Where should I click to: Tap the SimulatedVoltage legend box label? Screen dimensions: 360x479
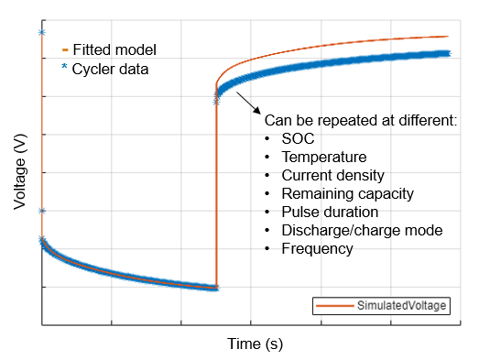click(x=402, y=306)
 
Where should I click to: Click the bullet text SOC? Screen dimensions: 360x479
click(x=298, y=138)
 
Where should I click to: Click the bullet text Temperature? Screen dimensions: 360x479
click(x=323, y=157)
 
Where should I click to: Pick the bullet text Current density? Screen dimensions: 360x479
click(x=332, y=175)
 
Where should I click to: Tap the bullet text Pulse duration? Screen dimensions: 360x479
click(x=330, y=212)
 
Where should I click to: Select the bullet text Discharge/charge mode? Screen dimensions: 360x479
click(x=362, y=230)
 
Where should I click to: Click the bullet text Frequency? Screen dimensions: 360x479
click(x=317, y=248)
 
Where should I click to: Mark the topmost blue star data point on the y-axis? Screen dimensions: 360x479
click(x=42, y=33)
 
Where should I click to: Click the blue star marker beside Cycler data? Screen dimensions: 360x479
click(x=64, y=69)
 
